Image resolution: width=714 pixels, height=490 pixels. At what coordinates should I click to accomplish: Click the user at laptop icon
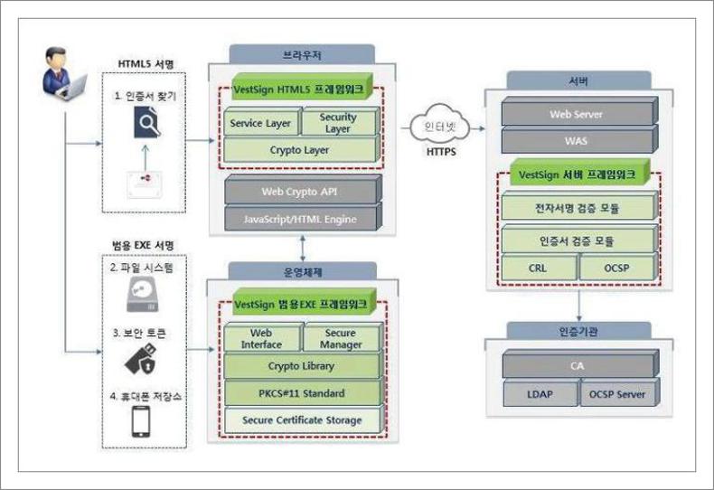pyautogui.click(x=65, y=75)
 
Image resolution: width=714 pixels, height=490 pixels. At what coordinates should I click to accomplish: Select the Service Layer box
pyautogui.click(x=260, y=123)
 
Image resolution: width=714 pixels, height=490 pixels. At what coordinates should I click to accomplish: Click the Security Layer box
pyautogui.click(x=337, y=123)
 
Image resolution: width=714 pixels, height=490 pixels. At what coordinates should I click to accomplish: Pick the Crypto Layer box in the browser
pyautogui.click(x=298, y=150)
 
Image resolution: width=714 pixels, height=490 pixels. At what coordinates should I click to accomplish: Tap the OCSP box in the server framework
pyautogui.click(x=615, y=269)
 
